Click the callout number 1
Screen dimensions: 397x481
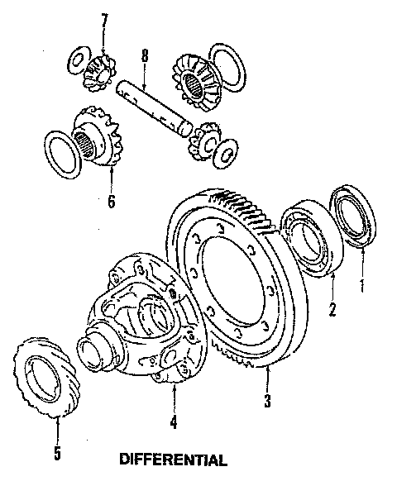click(x=362, y=285)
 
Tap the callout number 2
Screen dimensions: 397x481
click(x=332, y=309)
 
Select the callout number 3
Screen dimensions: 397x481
click(x=268, y=400)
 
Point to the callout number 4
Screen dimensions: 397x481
click(x=174, y=421)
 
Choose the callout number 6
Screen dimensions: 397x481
click(x=111, y=201)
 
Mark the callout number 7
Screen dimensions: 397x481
click(x=105, y=21)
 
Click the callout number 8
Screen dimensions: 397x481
click(x=145, y=55)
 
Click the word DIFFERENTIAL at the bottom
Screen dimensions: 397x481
click(x=173, y=460)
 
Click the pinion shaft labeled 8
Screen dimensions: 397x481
click(x=155, y=107)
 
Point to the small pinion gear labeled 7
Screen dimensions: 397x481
click(x=100, y=73)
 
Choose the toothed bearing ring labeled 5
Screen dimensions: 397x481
click(x=45, y=377)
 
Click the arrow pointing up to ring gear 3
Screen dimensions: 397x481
click(x=267, y=379)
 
